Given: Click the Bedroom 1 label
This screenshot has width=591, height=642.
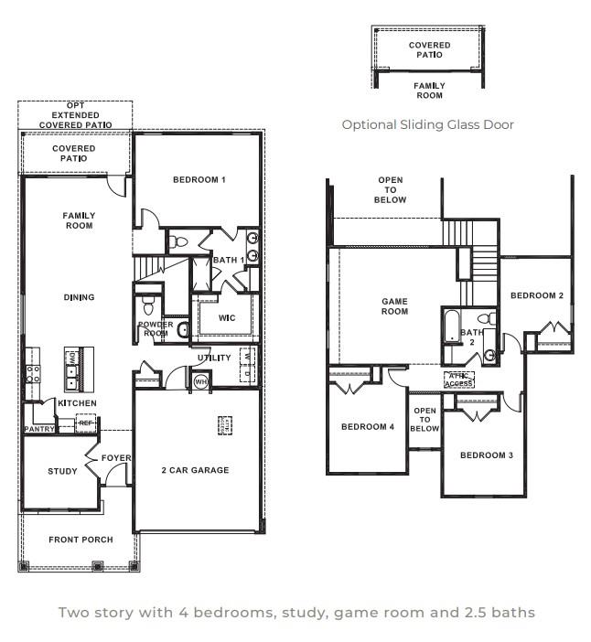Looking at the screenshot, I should [199, 180].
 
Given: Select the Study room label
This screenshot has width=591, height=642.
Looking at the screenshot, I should [63, 472].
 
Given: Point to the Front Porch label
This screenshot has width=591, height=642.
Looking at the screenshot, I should [81, 540].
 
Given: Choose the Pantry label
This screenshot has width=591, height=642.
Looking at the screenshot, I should [40, 428].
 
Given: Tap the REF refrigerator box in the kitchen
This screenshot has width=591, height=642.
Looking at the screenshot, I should [86, 423].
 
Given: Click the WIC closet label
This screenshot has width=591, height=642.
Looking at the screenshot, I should [227, 318].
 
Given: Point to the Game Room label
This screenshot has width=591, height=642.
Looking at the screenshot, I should [394, 306].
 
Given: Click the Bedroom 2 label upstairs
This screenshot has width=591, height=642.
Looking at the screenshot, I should [536, 295].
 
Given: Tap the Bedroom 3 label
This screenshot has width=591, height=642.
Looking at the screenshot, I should [486, 455].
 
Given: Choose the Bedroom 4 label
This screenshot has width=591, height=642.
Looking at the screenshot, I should [367, 427].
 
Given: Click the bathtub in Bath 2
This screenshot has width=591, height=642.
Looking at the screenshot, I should [452, 326].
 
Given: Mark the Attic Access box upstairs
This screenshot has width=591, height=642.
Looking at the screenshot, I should [458, 380].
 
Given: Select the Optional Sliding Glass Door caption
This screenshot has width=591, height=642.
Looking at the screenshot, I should [427, 124].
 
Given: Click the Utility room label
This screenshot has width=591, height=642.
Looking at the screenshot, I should [212, 358].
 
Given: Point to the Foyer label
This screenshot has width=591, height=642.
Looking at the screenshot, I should [116, 458].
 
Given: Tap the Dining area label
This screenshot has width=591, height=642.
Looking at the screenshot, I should [79, 297].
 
